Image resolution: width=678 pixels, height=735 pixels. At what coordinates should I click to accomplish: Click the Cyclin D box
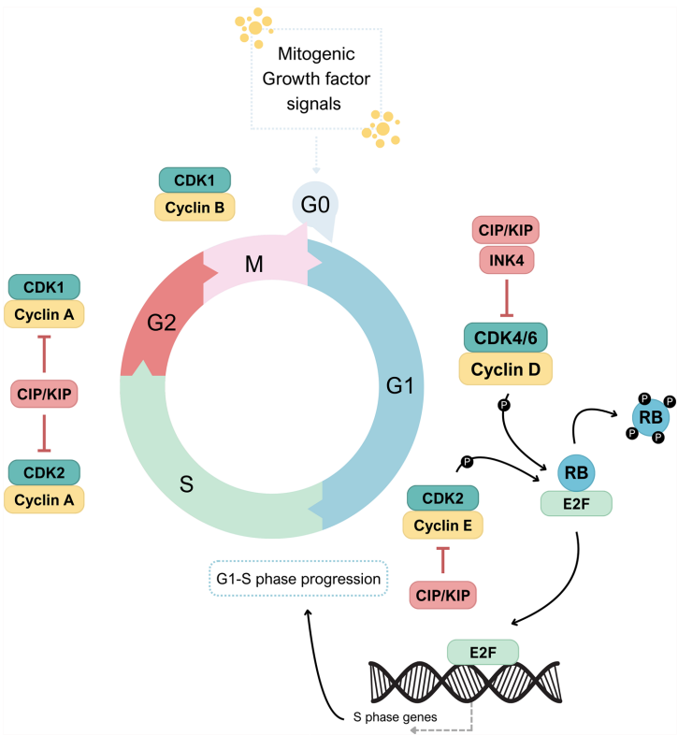coord(505,368)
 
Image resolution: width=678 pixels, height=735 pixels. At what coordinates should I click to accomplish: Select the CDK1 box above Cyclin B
coord(195,180)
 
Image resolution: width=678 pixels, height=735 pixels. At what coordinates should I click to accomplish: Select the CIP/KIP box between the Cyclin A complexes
coord(45,394)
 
